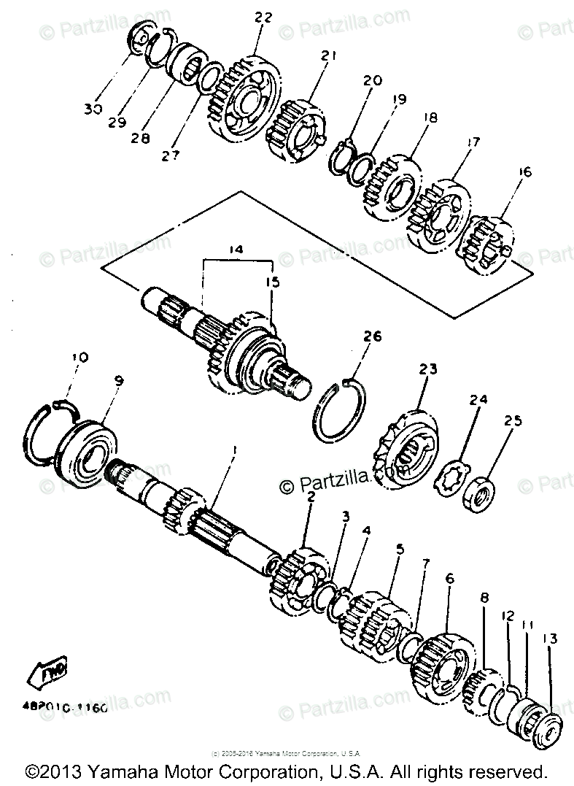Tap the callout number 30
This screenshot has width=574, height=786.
click(x=93, y=109)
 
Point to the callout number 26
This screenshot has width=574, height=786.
click(x=373, y=336)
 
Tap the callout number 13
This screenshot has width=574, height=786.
click(x=548, y=639)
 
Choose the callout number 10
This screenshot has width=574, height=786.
click(x=79, y=358)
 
